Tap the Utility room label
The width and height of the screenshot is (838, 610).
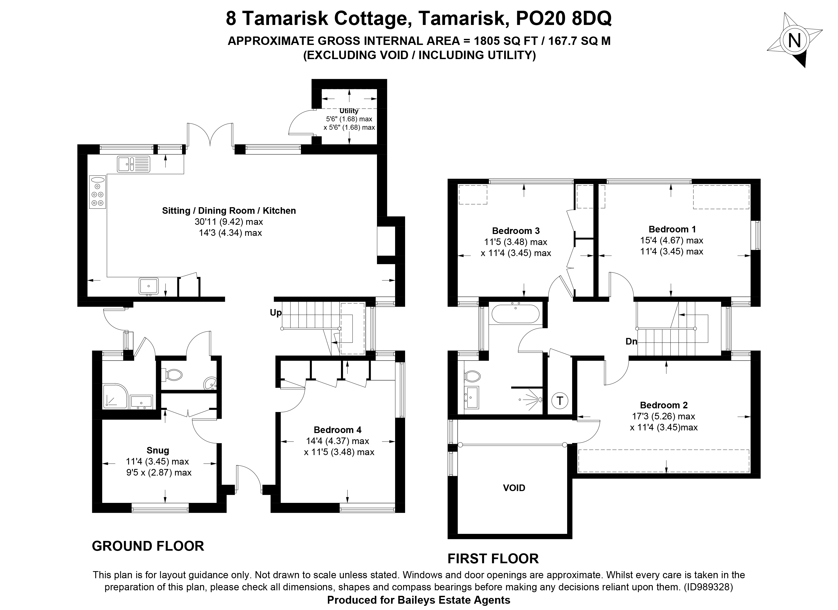coord(349,111)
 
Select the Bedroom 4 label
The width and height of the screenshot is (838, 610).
coord(337,430)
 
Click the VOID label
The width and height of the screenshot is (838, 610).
coord(514,488)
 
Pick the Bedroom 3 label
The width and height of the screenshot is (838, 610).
coord(516,231)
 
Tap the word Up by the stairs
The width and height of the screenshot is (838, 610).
coord(276,313)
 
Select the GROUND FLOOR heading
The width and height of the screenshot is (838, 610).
coord(148,546)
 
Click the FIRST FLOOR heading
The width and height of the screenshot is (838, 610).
coord(493,559)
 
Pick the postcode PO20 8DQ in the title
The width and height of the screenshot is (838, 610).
coord(563,19)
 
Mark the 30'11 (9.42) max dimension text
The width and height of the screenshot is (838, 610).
coord(229,222)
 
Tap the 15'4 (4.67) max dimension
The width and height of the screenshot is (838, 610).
coord(671,240)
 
